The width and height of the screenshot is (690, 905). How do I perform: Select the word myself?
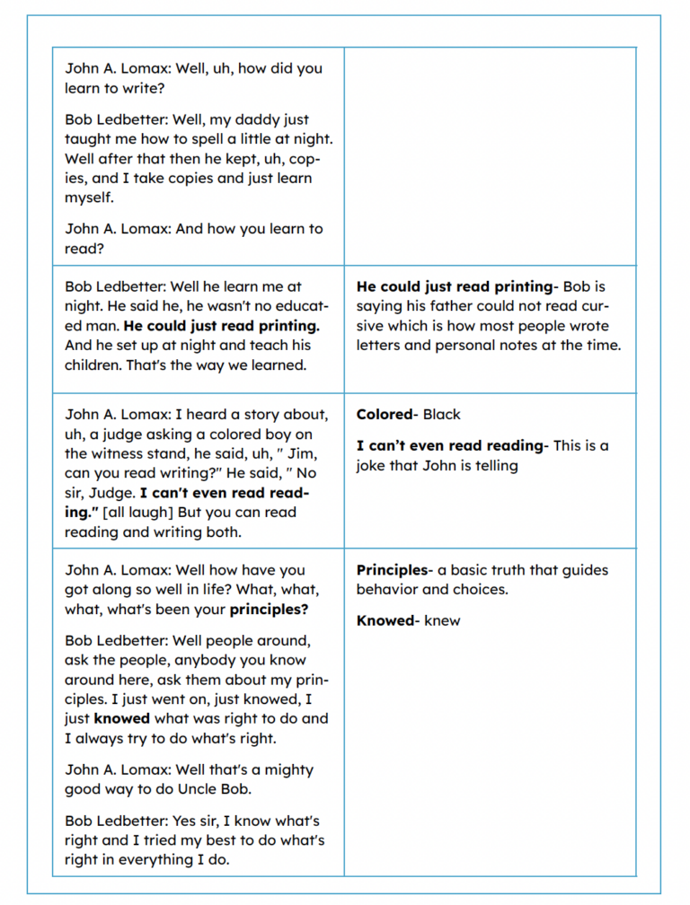pyautogui.click(x=89, y=198)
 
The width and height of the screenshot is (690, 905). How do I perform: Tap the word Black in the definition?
pyautogui.click(x=441, y=415)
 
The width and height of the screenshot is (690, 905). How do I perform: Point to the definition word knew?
pyautogui.click(x=442, y=620)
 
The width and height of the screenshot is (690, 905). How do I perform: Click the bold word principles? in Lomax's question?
pyautogui.click(x=269, y=610)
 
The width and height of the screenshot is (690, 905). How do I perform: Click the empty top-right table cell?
pyautogui.click(x=490, y=156)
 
